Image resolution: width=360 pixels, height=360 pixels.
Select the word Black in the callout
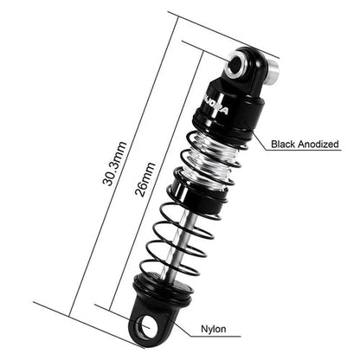286,145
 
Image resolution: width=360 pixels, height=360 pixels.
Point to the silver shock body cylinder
210,157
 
